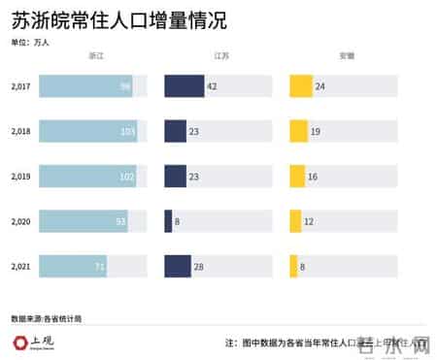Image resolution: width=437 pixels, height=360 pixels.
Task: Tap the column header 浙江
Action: tap(94, 57)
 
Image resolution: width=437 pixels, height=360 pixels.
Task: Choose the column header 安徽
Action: tap(346, 57)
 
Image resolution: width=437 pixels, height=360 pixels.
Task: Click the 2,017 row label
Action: tap(20, 86)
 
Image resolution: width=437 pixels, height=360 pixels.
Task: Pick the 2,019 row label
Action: tap(20, 177)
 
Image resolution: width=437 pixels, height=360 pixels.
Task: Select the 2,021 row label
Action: tap(20, 266)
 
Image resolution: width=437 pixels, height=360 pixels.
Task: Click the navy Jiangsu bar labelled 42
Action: tap(184, 86)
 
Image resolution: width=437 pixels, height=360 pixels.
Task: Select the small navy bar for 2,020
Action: tap(168, 221)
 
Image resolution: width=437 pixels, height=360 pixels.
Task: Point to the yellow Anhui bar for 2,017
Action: tap(301, 86)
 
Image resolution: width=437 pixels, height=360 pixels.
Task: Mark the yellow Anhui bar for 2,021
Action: tap(293, 266)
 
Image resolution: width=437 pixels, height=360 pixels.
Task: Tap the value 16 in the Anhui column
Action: tap(314, 177)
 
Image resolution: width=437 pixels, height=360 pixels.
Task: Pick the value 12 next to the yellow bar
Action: tap(309, 221)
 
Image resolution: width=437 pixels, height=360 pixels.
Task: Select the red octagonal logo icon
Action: tap(19, 342)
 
